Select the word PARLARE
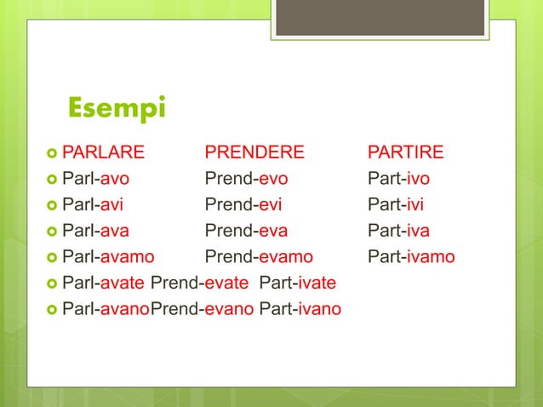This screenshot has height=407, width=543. [x=103, y=153]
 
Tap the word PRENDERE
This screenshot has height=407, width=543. [x=254, y=153]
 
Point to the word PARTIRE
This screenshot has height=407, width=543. [x=405, y=153]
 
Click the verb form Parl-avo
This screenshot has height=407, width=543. [x=96, y=179]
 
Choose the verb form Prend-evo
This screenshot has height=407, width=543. [x=246, y=179]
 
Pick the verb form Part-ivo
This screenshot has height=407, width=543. [x=398, y=179]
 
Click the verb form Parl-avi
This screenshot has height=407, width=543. [x=94, y=204]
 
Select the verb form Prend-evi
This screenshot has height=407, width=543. [x=243, y=204]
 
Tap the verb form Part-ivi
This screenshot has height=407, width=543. [x=396, y=204]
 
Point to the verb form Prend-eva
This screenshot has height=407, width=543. [x=246, y=230]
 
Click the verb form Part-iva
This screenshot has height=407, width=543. [x=398, y=230]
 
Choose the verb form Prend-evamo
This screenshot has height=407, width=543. [x=259, y=256]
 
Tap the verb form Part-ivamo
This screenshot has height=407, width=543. [x=411, y=256]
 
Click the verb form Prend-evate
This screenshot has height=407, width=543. [x=201, y=282]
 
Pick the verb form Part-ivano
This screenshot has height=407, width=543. [x=300, y=307]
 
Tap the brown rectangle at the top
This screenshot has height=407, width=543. [x=380, y=18]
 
